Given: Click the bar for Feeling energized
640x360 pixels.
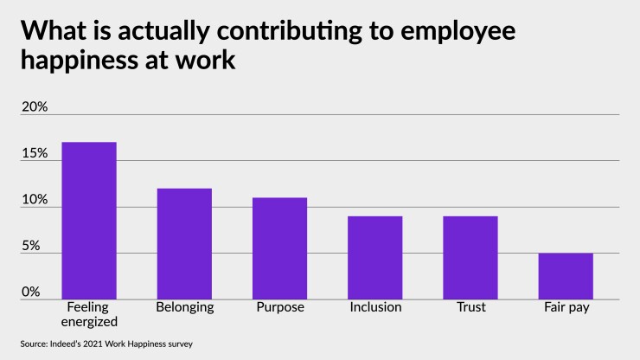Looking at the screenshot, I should [x=88, y=221].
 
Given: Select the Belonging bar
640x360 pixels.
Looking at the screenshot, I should [x=183, y=243].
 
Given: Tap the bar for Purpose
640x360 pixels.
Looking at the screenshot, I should [x=279, y=248].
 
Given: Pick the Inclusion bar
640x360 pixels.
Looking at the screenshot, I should [x=374, y=257].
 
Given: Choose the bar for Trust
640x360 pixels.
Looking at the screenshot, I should [x=470, y=257].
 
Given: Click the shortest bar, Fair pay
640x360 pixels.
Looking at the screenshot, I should [x=566, y=276].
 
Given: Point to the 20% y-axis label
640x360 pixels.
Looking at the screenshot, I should [x=35, y=106].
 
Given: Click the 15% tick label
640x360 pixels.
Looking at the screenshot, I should [x=35, y=153].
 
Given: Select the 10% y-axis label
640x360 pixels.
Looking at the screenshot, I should [x=35, y=200].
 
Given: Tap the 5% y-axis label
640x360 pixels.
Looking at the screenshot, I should [x=31, y=246].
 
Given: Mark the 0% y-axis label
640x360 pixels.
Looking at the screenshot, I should [x=31, y=292].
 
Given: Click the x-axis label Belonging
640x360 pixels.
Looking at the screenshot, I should [x=184, y=307].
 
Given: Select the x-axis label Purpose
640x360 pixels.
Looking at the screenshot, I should [x=279, y=307].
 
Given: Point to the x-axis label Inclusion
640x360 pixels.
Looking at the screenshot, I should [x=374, y=307].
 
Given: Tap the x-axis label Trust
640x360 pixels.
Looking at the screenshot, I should [x=470, y=307].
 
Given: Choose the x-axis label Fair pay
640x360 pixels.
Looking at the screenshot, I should [x=566, y=307].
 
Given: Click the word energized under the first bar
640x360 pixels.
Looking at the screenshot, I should [x=88, y=322].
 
